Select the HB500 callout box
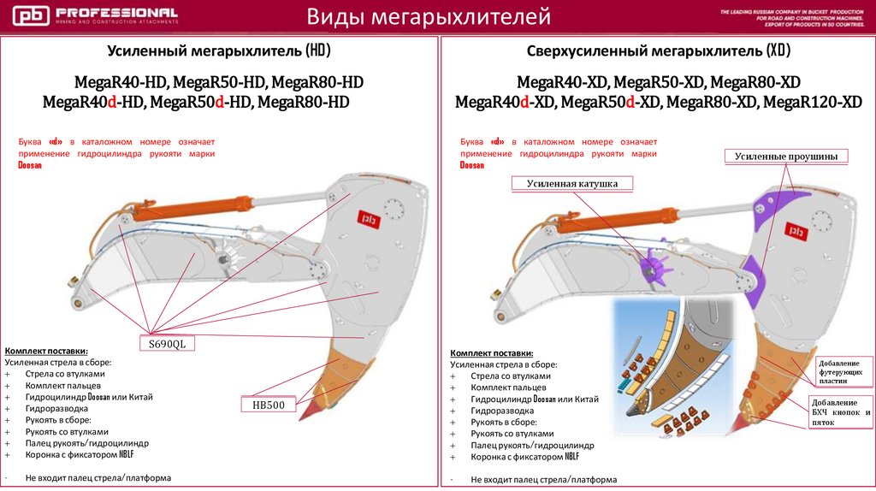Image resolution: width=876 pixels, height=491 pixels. click(268, 405)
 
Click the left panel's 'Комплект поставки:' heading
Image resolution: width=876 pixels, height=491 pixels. click(46, 351)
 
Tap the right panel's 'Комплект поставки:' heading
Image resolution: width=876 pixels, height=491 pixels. click(491, 353)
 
